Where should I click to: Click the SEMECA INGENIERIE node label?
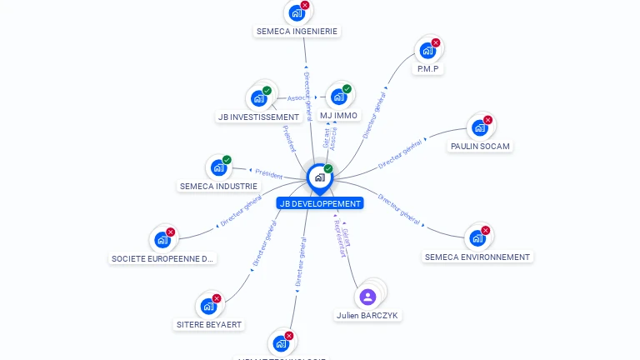tap(297, 32)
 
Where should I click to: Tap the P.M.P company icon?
tap(427, 50)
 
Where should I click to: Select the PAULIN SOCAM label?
tap(480, 146)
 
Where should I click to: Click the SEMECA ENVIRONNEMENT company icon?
tap(477, 237)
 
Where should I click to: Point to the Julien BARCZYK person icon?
tap(367, 297)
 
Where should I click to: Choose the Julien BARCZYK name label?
tap(367, 316)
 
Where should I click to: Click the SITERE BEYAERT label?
tap(209, 324)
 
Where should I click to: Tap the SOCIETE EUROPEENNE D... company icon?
tap(162, 240)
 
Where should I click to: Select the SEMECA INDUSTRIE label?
tap(218, 186)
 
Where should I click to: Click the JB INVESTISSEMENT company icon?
tap(258, 98)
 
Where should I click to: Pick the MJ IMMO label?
tap(338, 116)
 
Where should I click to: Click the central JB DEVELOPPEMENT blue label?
tap(320, 203)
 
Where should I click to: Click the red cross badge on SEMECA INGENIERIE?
tap(305, 6)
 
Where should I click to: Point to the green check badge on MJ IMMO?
tap(347, 89)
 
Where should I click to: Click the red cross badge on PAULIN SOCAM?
tap(488, 120)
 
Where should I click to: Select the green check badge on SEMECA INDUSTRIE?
tap(227, 160)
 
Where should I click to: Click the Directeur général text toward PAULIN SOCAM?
tap(400, 153)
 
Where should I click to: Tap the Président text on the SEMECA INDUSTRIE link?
tap(269, 174)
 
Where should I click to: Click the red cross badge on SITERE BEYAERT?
tap(217, 298)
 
